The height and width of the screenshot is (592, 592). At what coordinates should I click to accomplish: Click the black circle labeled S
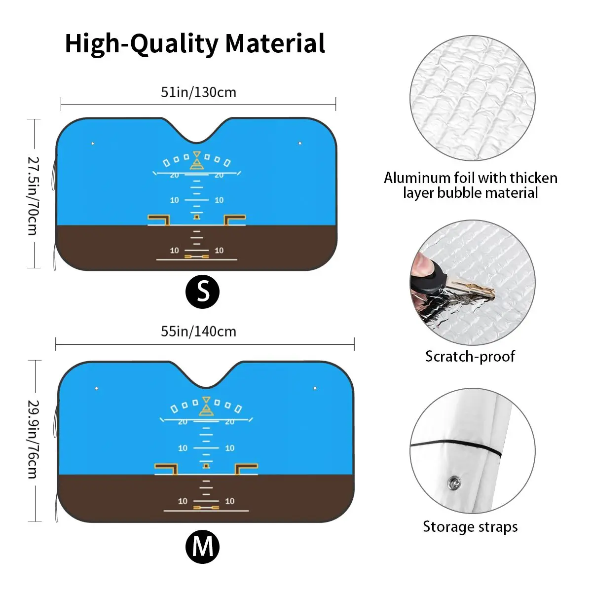202,292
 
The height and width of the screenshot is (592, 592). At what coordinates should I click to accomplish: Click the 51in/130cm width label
198,92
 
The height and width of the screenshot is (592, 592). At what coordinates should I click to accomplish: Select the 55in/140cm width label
198,331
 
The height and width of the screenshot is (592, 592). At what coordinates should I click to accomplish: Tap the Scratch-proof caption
470,356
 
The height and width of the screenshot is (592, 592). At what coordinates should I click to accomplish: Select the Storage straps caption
470,527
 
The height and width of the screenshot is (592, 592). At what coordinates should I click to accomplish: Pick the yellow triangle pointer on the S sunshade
197,161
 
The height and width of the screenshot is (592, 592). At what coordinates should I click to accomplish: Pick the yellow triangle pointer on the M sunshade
206,406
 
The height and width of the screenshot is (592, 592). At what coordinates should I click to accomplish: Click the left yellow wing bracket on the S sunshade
159,219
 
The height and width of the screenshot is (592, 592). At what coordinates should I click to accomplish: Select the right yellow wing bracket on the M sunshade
246,468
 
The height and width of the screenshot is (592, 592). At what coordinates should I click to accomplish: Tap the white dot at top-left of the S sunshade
92,144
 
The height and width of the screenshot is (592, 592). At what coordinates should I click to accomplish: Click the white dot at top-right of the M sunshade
315,388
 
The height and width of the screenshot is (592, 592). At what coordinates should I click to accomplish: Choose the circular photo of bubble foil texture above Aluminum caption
472,98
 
